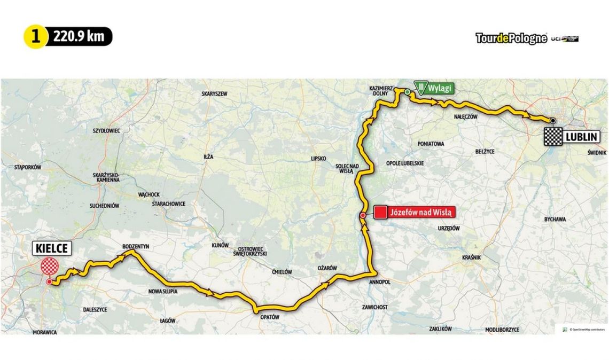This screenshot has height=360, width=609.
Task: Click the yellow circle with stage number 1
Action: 36,37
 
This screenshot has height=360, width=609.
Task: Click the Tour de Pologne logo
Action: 511,38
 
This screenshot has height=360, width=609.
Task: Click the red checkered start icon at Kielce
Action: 49,265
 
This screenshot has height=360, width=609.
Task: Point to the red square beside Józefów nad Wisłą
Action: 380,212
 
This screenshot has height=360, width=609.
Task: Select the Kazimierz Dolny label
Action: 381,90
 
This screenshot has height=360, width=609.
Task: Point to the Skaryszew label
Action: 214,93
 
